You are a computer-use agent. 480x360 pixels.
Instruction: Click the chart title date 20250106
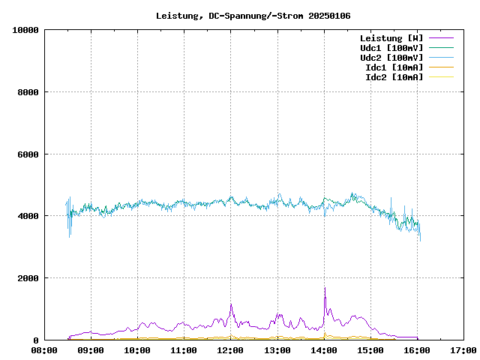tap(326, 16)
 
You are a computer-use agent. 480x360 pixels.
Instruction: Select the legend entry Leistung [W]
tap(391, 37)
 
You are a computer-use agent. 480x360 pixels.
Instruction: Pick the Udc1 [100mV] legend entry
tap(391, 47)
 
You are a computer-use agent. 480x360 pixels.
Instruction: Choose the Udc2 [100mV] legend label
tap(391, 57)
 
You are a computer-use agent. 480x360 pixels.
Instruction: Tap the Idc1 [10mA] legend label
tap(394, 67)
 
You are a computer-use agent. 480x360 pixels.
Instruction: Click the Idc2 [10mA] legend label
tap(394, 76)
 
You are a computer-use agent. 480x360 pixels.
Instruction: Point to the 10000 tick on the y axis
tap(25, 30)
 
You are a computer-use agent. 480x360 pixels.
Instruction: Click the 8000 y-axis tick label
tap(28, 92)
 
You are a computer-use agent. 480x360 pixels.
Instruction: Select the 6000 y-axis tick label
tap(28, 154)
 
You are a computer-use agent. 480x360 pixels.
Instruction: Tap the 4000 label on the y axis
tap(28, 216)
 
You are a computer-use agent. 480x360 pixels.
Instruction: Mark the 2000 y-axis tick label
tap(28, 278)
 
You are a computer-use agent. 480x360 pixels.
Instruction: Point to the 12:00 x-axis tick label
tap(231, 349)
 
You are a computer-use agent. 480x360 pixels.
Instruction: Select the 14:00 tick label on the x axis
tap(324, 349)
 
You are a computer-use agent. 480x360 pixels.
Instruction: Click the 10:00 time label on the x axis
tap(137, 349)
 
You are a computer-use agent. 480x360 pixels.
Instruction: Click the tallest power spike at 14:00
tap(325, 289)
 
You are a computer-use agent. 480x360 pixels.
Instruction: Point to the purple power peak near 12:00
tap(231, 304)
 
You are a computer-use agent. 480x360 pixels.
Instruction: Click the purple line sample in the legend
tap(440, 37)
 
